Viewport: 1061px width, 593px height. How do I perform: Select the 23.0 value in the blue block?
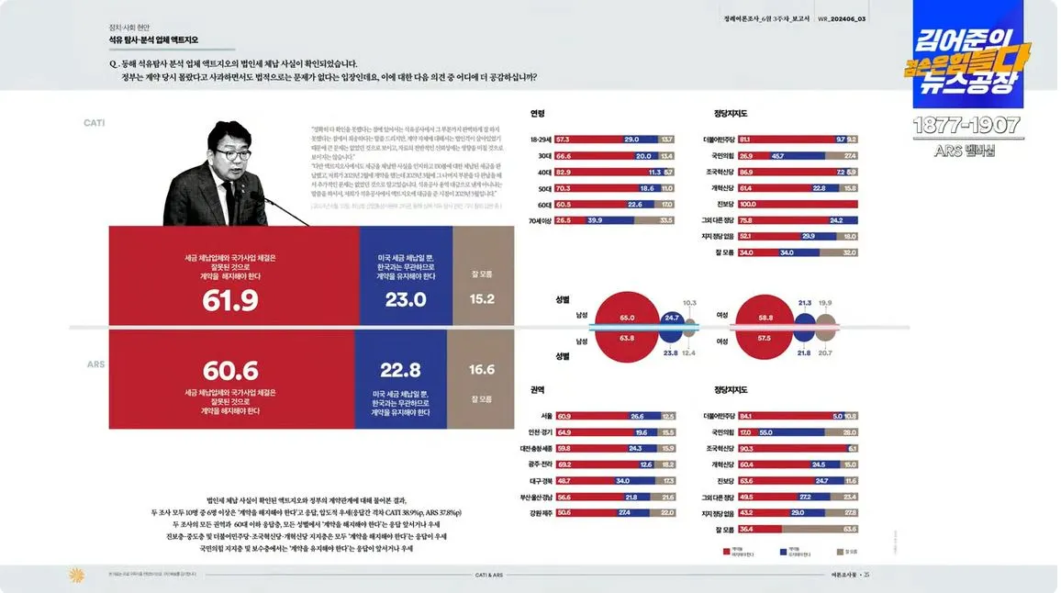[x=406, y=300]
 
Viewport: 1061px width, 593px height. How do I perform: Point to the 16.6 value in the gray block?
[x=482, y=370]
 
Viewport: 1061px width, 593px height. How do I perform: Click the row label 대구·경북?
[x=537, y=480]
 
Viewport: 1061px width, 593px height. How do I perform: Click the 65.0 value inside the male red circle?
[x=627, y=318]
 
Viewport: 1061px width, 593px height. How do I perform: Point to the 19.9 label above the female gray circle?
[x=825, y=303]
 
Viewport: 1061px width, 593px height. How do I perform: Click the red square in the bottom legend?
[x=726, y=553]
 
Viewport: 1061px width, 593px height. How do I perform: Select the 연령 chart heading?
[x=538, y=114]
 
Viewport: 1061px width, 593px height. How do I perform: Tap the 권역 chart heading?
[x=538, y=390]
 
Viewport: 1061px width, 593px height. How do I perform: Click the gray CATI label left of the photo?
[x=95, y=122]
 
